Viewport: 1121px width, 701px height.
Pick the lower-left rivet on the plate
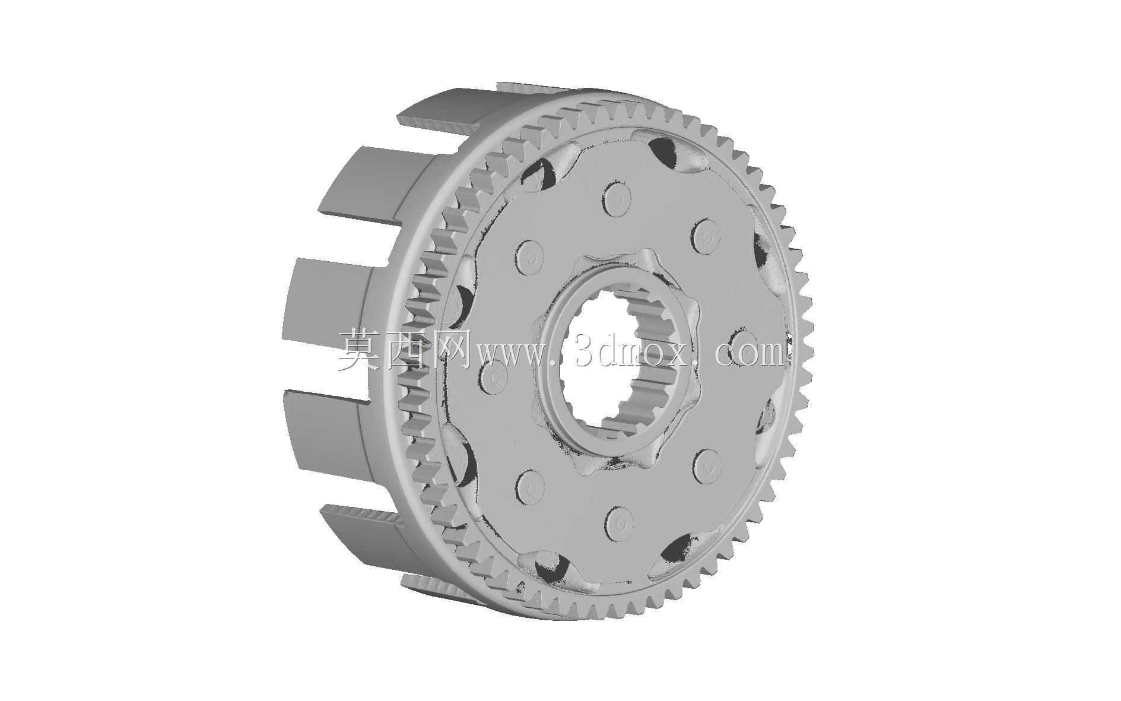click(530, 487)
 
